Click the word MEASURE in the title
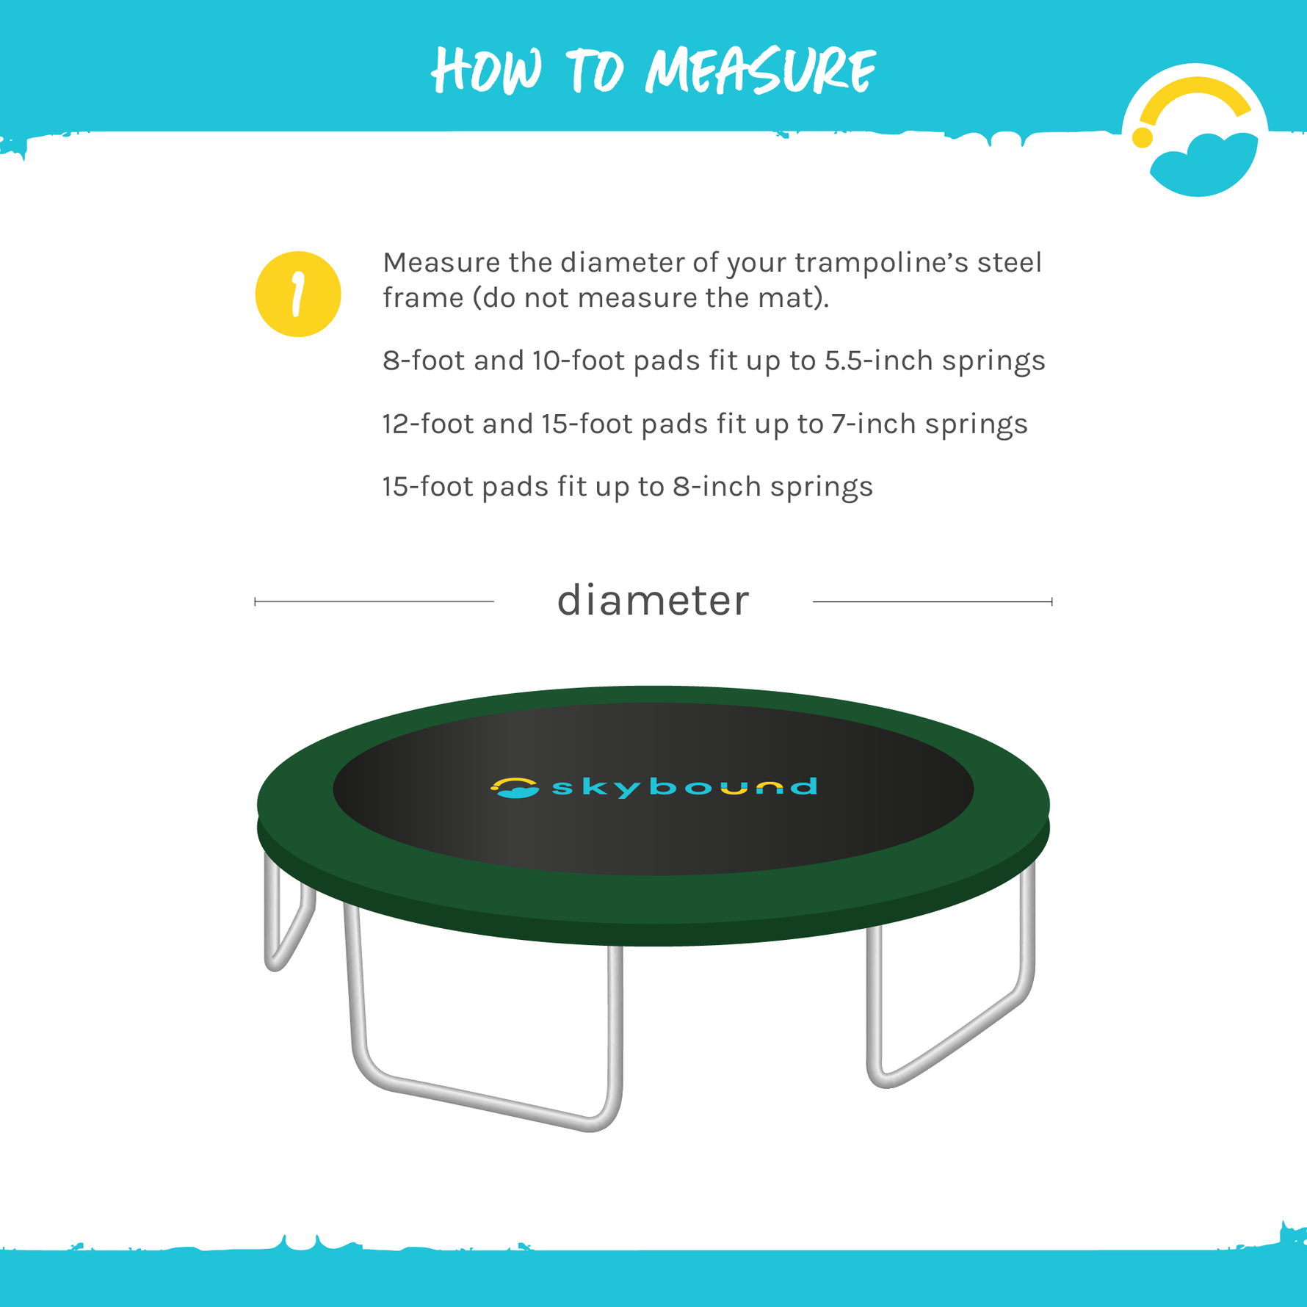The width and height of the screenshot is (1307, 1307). coord(760,70)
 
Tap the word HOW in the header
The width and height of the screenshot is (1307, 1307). coord(487,70)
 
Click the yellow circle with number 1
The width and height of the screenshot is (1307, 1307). coord(298,294)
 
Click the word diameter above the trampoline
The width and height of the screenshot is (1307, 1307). coord(653,601)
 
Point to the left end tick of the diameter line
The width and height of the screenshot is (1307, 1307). coord(256,601)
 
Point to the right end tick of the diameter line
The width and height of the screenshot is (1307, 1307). coord(1051,601)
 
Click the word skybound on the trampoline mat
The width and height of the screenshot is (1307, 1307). coord(684,787)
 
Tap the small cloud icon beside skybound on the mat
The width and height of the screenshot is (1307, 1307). coord(514,788)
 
